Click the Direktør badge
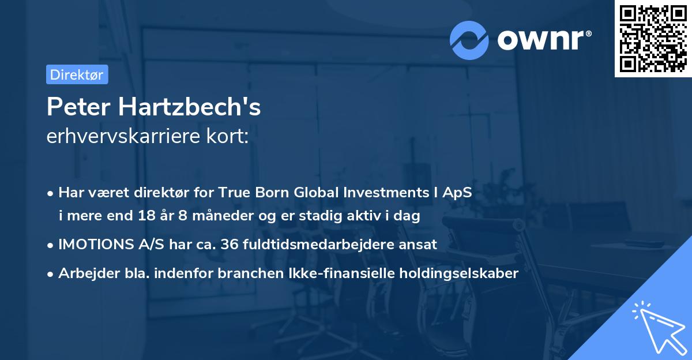[77, 74]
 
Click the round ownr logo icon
[469, 39]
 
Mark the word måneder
[212, 216]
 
